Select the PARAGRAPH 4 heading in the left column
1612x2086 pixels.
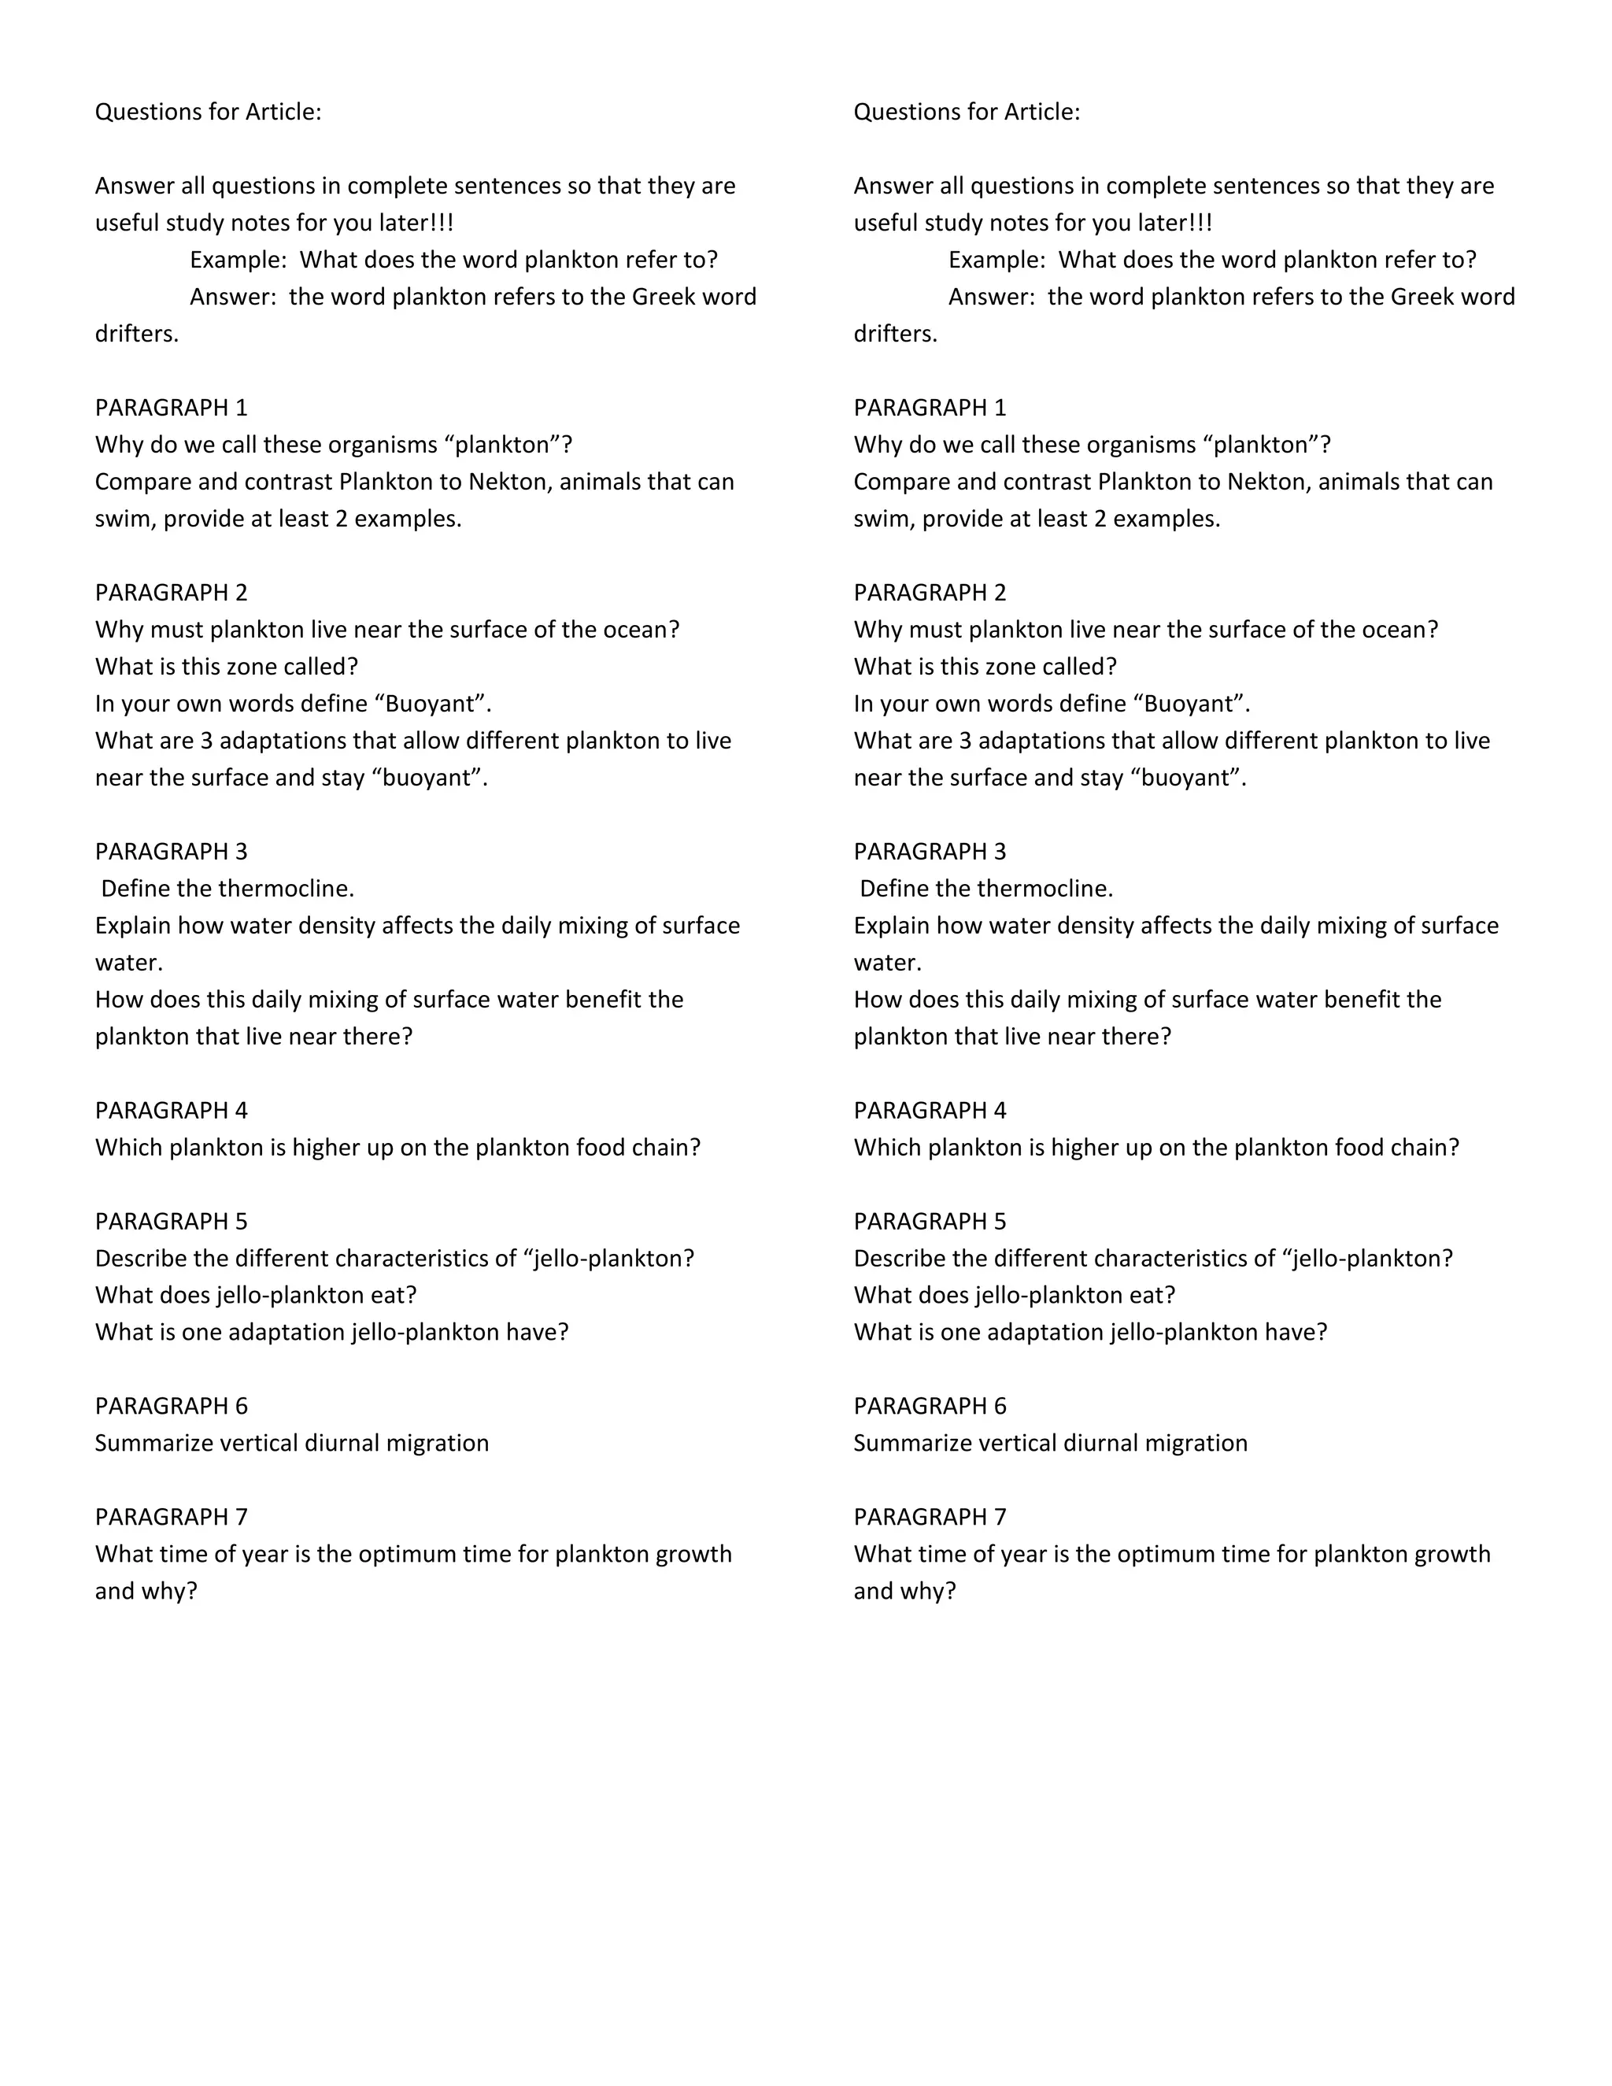tap(171, 1110)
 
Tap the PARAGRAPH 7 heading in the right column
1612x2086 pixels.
tap(930, 1517)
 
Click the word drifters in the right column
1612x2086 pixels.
tap(895, 335)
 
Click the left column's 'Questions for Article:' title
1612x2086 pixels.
tap(208, 112)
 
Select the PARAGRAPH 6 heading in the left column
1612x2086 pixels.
tap(171, 1406)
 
